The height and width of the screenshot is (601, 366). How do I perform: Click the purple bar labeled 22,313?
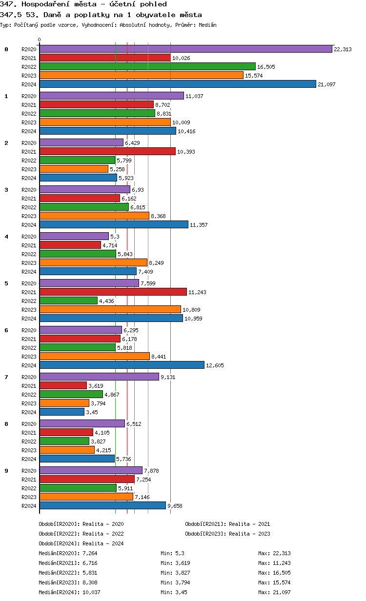[185, 49]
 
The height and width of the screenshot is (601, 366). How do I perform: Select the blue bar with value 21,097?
[178, 84]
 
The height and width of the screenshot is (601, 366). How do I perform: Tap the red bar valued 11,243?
[113, 292]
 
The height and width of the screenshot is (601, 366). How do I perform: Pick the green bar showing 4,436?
[68, 300]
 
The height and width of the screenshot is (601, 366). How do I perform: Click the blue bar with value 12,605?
[122, 365]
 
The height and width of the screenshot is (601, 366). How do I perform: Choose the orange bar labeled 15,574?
[141, 75]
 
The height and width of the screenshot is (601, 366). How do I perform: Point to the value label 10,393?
[186, 152]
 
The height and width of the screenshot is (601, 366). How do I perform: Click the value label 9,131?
[168, 377]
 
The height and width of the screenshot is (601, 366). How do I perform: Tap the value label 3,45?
[93, 412]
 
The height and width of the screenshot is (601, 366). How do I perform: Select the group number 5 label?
[6, 283]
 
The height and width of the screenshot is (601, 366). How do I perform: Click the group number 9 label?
[6, 470]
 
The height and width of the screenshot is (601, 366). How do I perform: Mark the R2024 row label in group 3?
[29, 225]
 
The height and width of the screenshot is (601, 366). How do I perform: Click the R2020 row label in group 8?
[29, 424]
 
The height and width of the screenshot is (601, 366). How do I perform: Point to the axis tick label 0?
[40, 40]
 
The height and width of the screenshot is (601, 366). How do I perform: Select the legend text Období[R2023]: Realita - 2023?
[227, 534]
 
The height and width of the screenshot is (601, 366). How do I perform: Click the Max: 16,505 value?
[274, 573]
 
